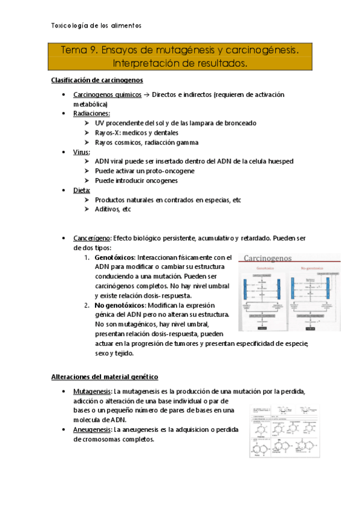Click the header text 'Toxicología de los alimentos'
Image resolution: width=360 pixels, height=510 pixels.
(96, 26)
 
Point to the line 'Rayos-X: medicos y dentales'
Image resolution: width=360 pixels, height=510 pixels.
(136, 133)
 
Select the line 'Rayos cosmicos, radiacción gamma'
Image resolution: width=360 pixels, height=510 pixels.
(146, 143)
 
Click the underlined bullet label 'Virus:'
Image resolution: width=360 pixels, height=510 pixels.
(82, 152)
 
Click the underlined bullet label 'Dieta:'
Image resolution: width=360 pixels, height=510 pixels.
(82, 190)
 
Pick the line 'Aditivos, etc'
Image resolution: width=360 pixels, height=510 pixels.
(112, 209)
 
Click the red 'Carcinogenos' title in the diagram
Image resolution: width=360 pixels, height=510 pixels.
(267, 258)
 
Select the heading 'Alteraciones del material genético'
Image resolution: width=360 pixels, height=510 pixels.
(104, 376)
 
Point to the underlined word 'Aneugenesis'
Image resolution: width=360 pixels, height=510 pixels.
(92, 430)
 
